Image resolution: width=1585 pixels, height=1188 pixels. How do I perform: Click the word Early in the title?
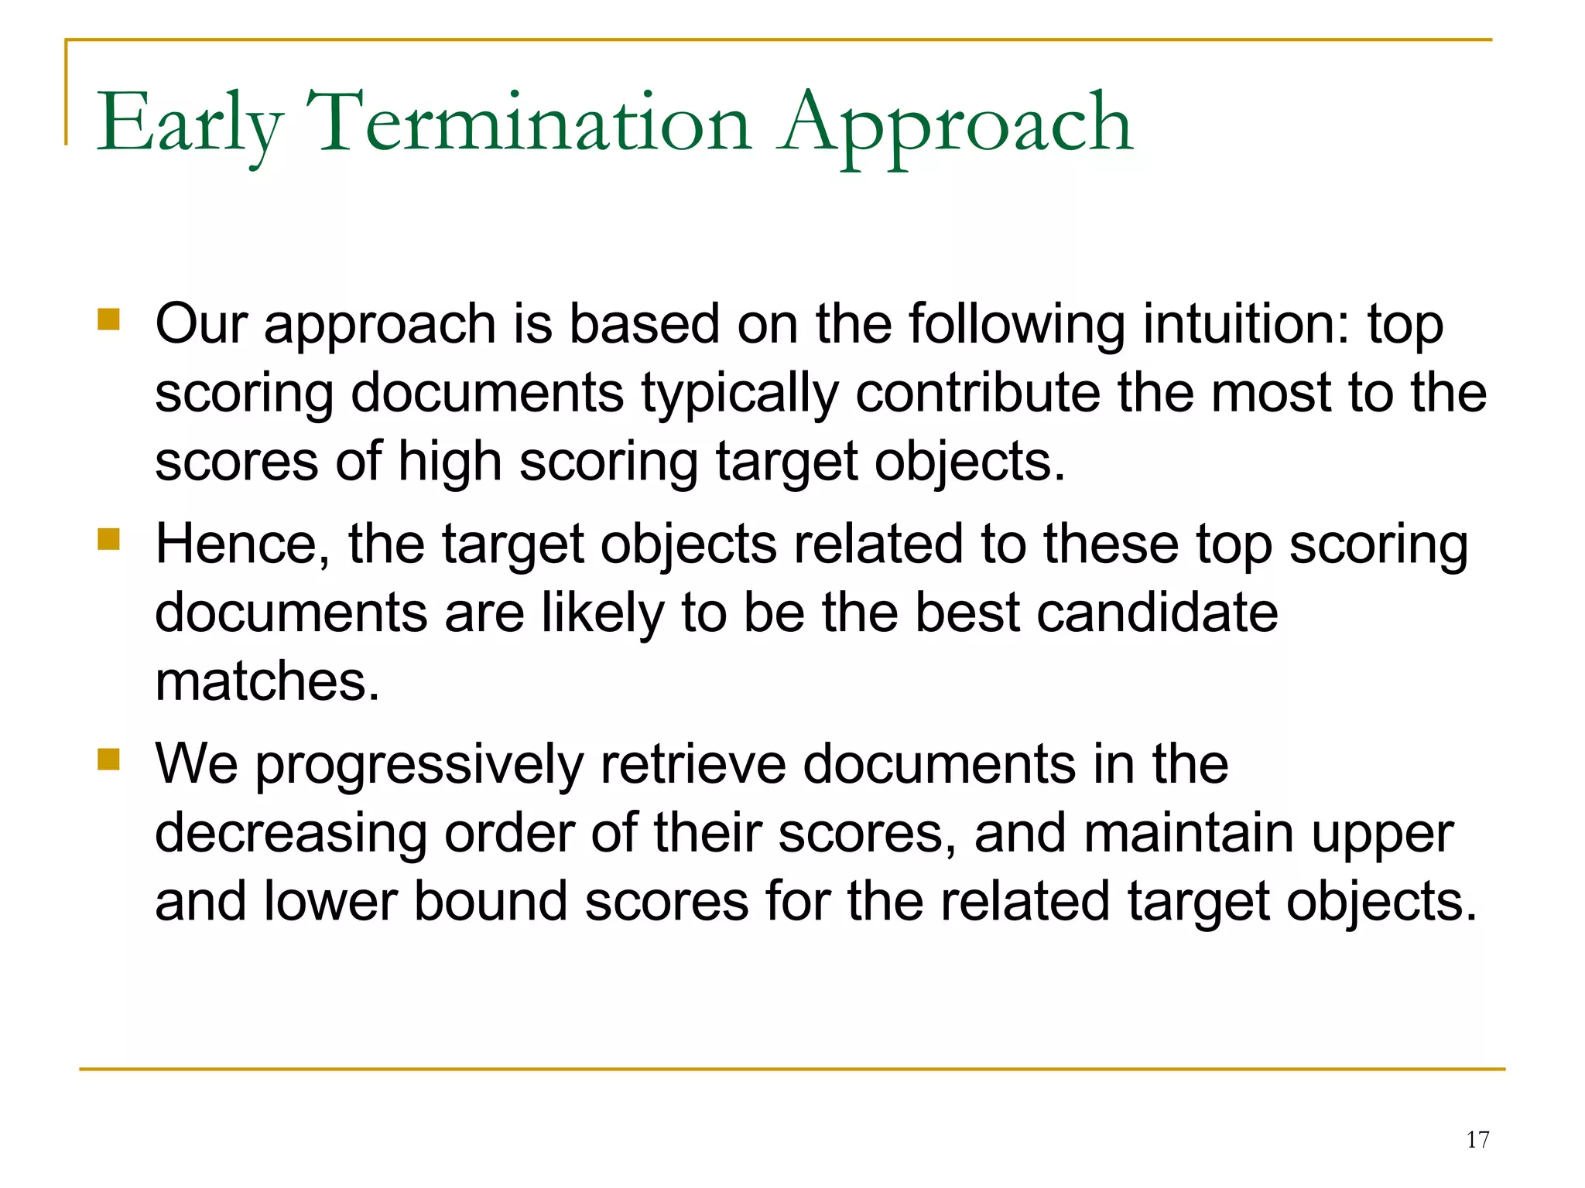click(x=190, y=124)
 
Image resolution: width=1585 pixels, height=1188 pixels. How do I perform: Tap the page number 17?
click(x=1477, y=1139)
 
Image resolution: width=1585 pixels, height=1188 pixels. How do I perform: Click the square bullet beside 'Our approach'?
click(x=109, y=319)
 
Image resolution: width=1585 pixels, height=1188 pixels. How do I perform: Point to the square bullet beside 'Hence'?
click(x=109, y=539)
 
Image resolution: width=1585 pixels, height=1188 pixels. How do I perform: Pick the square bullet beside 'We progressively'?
click(x=109, y=760)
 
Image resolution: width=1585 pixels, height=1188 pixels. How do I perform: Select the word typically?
click(x=740, y=393)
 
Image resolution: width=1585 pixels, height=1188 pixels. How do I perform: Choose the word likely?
click(x=602, y=613)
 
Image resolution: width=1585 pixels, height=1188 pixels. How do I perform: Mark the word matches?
click(x=268, y=681)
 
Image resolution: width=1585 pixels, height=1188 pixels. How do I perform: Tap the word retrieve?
click(x=693, y=764)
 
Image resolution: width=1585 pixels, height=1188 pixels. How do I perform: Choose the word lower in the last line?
click(x=330, y=902)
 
